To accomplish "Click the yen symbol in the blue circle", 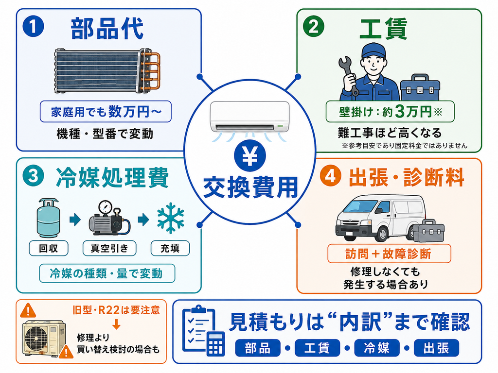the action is [250, 156].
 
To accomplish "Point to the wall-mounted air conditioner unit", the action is [250, 117].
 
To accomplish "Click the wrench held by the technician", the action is [349, 75].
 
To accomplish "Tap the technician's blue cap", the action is [373, 51].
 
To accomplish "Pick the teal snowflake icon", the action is [171, 218].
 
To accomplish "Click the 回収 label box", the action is [49, 248].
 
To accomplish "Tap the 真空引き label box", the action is [109, 248].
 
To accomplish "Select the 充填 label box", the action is [170, 248].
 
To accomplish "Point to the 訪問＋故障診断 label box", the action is [389, 254].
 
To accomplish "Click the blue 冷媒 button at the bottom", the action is [377, 348].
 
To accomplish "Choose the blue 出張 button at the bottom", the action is [436, 348].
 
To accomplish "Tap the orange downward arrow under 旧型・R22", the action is [116, 324].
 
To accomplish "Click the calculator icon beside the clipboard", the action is [215, 344].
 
